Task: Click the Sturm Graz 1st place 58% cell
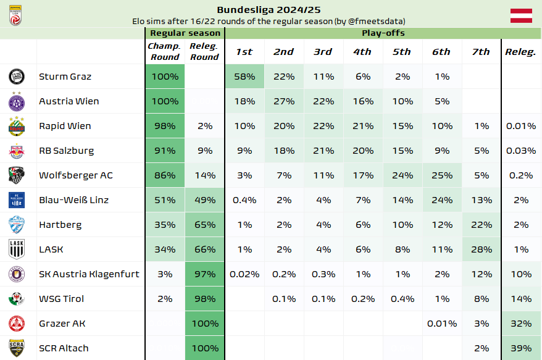[x=244, y=77]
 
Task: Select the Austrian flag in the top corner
[x=520, y=16]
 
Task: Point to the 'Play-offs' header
[x=383, y=33]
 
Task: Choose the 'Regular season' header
[x=185, y=33]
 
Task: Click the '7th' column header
[x=480, y=52]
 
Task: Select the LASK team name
[x=51, y=249]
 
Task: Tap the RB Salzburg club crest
[x=17, y=151]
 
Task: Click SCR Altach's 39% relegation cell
[x=520, y=348]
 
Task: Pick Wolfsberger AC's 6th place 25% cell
[x=441, y=175]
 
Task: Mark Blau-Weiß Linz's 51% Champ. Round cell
[x=165, y=200]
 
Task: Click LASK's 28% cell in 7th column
[x=480, y=249]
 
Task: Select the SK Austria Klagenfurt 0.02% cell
[x=244, y=274]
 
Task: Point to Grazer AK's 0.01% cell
[x=441, y=324]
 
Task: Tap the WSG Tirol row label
[x=60, y=299]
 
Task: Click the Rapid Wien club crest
[x=17, y=126]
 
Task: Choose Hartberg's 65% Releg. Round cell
[x=204, y=225]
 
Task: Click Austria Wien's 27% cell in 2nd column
[x=283, y=101]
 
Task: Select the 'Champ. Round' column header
[x=165, y=52]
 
